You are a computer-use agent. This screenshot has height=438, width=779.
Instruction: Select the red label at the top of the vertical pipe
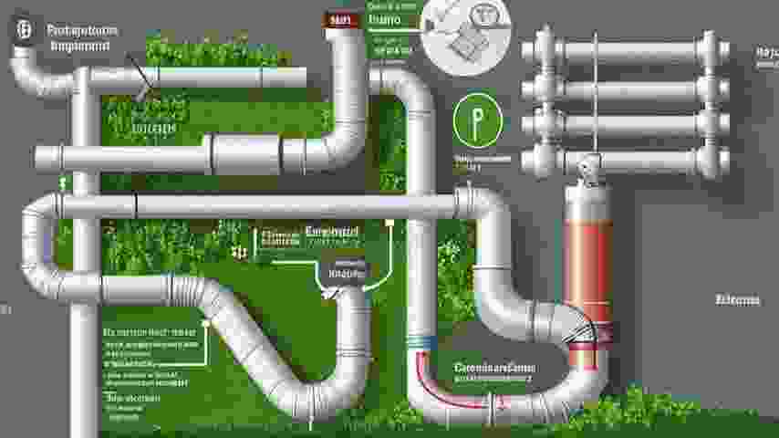point(342,18)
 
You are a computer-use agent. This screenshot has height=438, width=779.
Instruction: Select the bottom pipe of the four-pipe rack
point(619,161)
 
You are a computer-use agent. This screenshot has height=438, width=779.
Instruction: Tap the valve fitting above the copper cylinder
point(587,168)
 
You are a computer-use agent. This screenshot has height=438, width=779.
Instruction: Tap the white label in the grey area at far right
point(736,298)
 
